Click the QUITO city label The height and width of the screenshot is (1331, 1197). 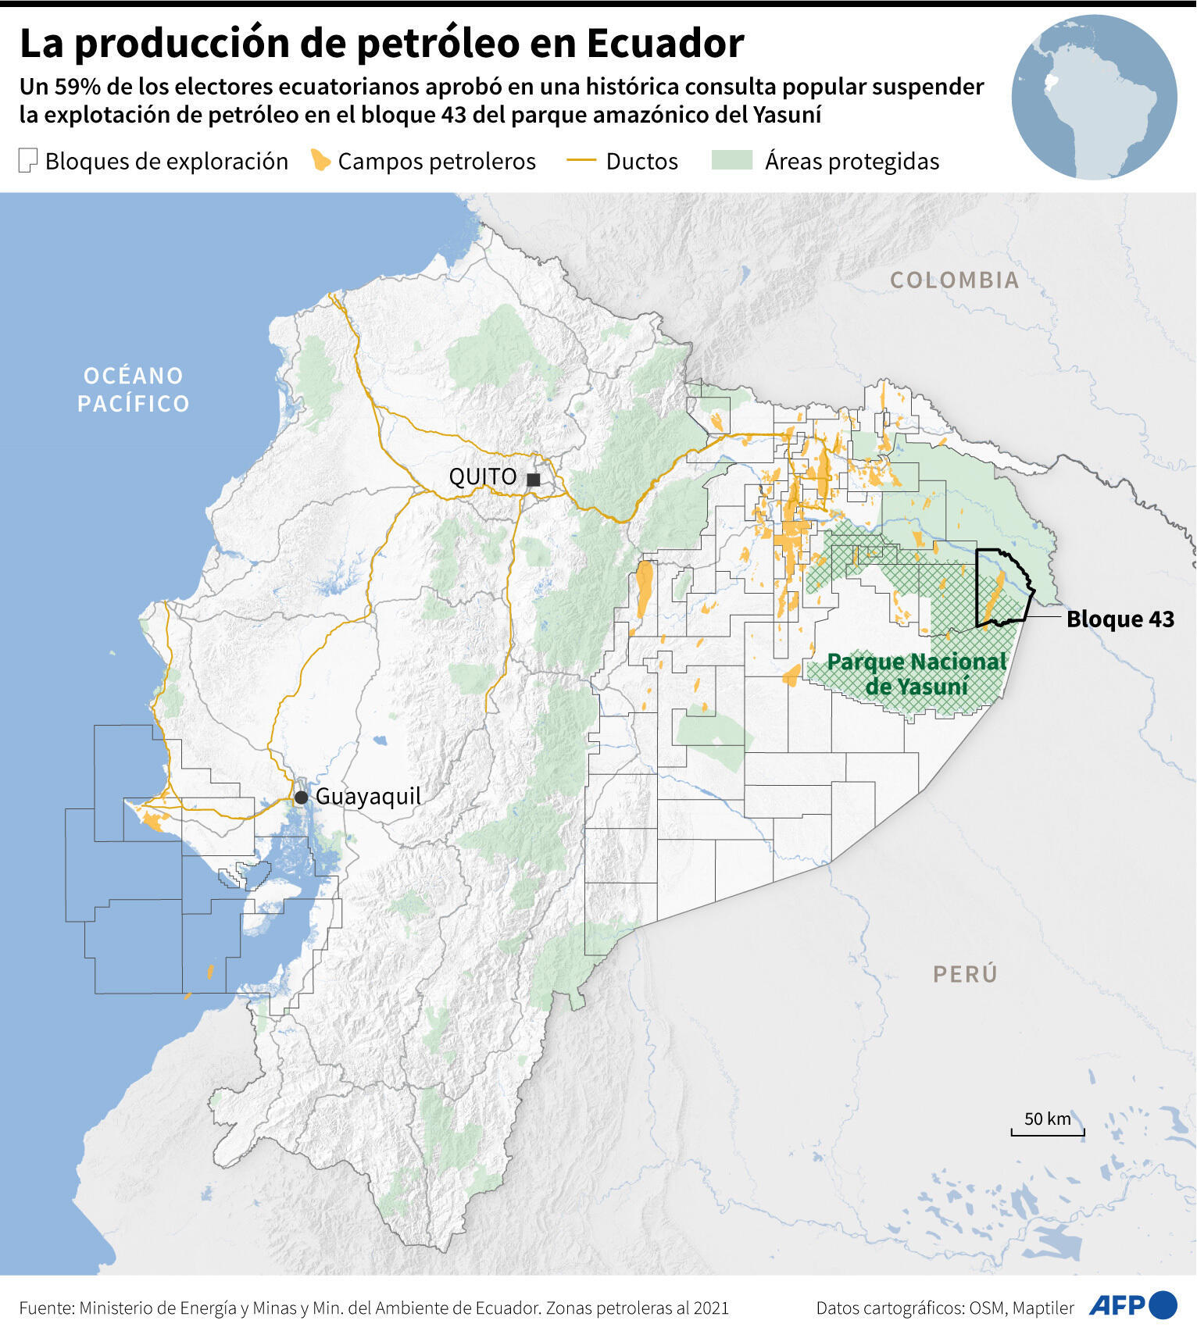click(x=482, y=476)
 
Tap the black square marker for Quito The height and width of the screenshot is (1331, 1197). click(x=534, y=480)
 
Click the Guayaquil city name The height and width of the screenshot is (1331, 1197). click(x=368, y=797)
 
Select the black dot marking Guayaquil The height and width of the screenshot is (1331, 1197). click(x=301, y=798)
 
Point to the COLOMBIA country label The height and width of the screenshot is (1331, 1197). click(x=954, y=280)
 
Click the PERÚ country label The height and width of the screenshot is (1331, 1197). click(x=965, y=974)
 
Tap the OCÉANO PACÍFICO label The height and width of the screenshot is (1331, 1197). click(x=134, y=390)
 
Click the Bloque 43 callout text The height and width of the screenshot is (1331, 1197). click(x=1120, y=619)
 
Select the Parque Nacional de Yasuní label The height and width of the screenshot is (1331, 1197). click(x=917, y=674)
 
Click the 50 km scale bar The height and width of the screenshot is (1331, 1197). click(x=1047, y=1129)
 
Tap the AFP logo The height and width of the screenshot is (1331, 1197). click(x=1132, y=1305)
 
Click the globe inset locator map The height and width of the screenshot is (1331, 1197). click(x=1094, y=98)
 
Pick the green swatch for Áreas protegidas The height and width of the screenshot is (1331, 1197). click(x=732, y=161)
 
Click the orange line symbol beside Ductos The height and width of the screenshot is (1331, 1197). click(x=581, y=161)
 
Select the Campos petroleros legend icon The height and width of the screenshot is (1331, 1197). click(x=320, y=160)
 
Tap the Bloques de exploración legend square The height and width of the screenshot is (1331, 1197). click(x=28, y=161)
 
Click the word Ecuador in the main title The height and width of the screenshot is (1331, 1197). click(x=665, y=45)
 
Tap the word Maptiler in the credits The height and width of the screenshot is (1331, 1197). click(x=1043, y=1308)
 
